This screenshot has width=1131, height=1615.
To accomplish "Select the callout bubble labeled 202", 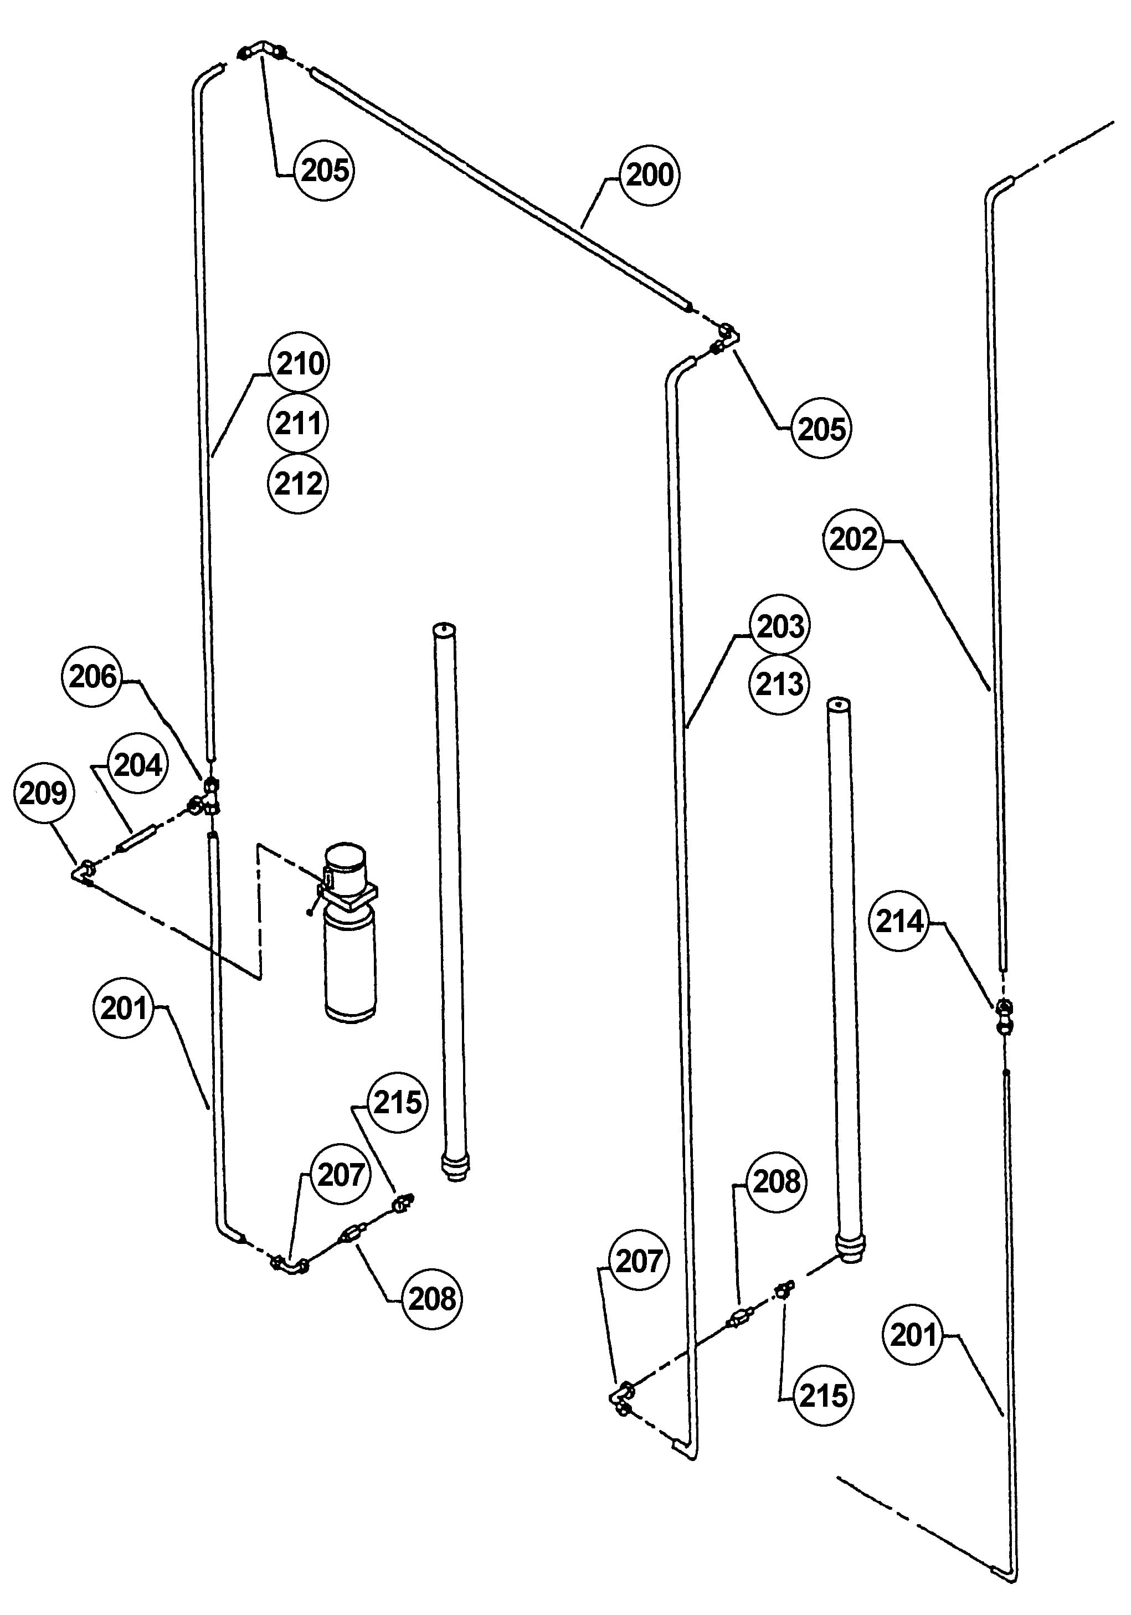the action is click(853, 539).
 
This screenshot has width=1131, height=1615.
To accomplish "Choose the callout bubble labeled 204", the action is click(138, 765).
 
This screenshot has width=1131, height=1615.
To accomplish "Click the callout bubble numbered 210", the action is click(300, 363).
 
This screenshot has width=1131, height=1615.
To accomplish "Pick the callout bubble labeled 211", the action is click(298, 424).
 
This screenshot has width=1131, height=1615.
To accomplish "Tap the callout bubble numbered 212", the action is click(298, 484).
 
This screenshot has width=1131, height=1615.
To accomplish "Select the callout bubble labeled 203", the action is click(780, 625).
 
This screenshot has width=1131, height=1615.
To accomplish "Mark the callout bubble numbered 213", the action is click(779, 683).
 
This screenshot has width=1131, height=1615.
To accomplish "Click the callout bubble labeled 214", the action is click(899, 922).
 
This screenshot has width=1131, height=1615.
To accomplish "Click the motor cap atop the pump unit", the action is click(345, 862).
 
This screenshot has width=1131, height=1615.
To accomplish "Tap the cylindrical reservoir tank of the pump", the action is click(350, 965).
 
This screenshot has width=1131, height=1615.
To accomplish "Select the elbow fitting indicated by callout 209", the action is click(84, 872).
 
